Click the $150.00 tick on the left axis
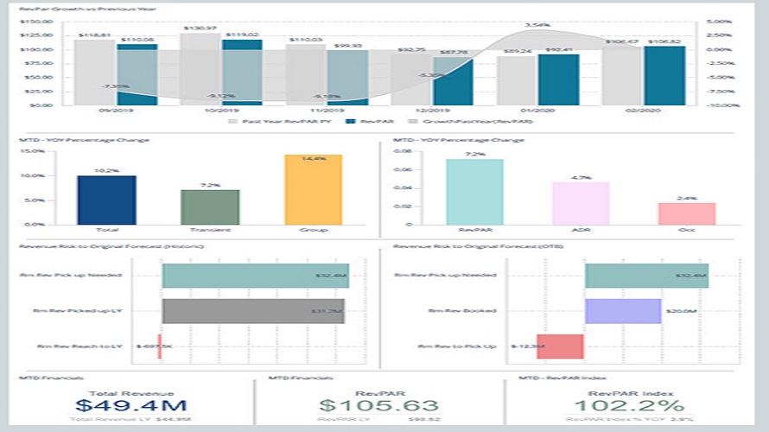[x=37, y=21]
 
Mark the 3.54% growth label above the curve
[x=537, y=25]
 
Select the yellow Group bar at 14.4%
[x=314, y=189]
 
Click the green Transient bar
[x=210, y=206]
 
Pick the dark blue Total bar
[x=106, y=200]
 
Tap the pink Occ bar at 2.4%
[x=686, y=213]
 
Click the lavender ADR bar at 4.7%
[x=581, y=203]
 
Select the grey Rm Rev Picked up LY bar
[x=253, y=311]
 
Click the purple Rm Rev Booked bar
[x=623, y=311]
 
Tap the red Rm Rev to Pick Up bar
[x=560, y=346]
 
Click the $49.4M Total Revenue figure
[x=130, y=404]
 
